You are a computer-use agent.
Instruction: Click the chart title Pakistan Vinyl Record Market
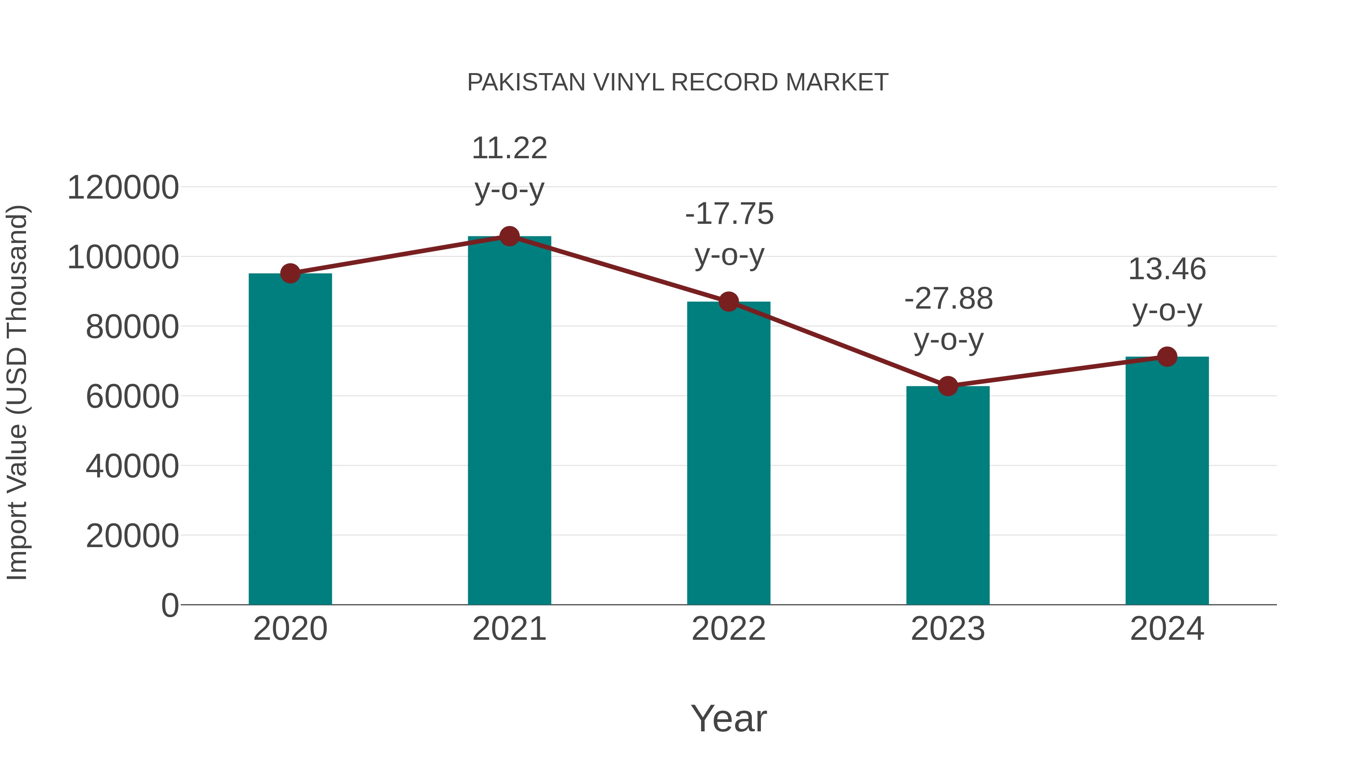[x=678, y=83]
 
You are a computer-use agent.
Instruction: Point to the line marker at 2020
[x=290, y=273]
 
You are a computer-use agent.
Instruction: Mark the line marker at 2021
[x=509, y=236]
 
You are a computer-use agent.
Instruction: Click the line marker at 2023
[x=948, y=386]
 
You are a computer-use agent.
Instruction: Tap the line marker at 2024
[x=1167, y=356]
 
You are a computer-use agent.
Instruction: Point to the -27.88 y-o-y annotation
[x=948, y=319]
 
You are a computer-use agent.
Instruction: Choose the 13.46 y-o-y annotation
[x=1167, y=290]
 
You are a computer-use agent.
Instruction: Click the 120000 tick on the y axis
[x=123, y=188]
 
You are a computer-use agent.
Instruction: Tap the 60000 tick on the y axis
[x=132, y=396]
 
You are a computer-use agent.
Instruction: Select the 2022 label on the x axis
[x=728, y=629]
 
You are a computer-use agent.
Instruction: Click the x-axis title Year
[x=728, y=718]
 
